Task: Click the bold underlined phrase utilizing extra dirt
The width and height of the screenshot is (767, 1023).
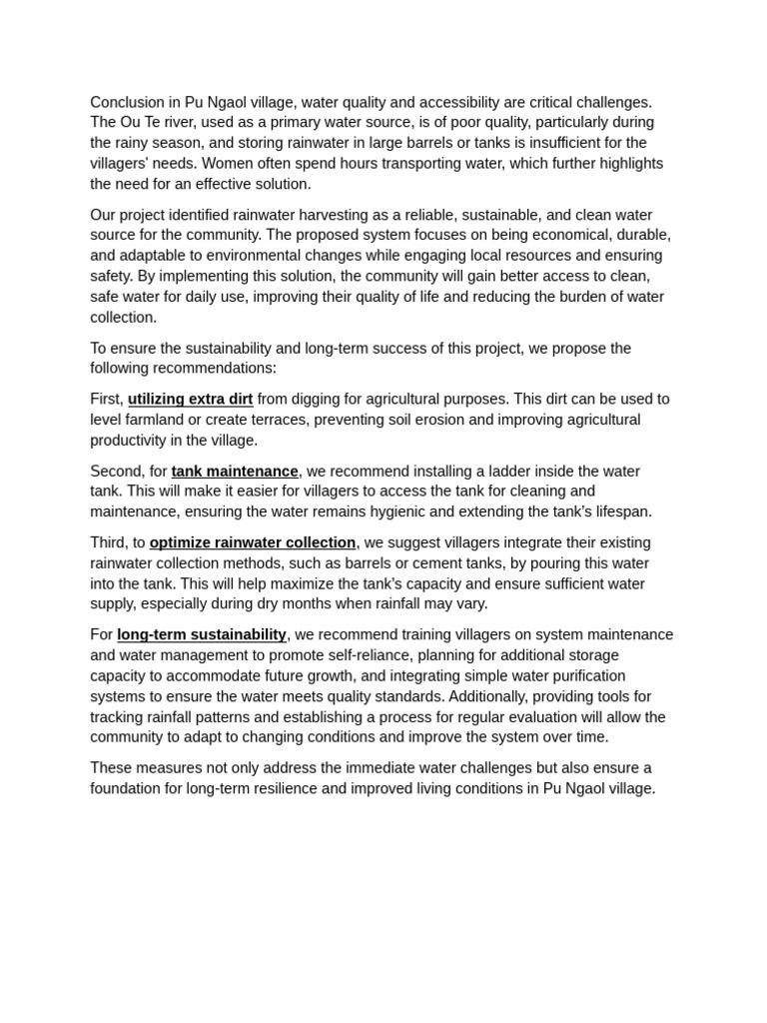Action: click(190, 399)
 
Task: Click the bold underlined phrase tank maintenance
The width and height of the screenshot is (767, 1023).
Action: click(235, 471)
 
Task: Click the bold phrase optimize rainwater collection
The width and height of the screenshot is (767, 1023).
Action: click(253, 542)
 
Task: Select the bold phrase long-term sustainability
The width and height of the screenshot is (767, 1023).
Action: click(202, 634)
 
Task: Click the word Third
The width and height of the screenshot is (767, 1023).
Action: click(108, 542)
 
